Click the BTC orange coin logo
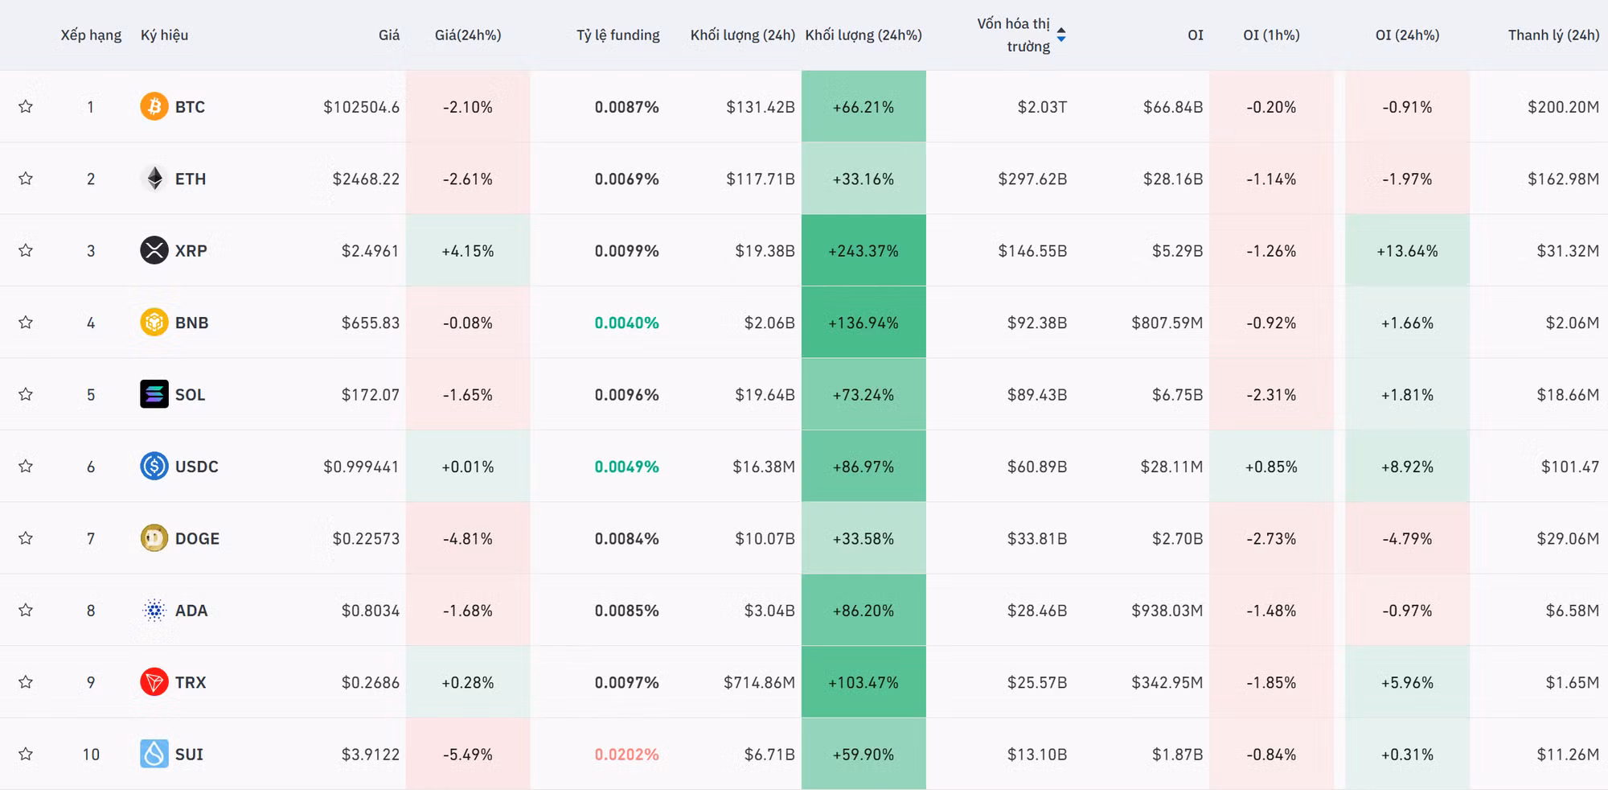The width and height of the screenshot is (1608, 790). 154,106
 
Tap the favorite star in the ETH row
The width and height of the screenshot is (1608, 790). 26,179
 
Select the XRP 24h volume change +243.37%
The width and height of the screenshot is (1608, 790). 863,251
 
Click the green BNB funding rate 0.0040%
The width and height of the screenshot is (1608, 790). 626,323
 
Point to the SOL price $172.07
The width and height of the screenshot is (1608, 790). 371,395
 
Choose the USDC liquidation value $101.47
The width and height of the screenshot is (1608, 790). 1570,467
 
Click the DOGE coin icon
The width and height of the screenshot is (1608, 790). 154,538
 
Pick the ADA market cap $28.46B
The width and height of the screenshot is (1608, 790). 1037,611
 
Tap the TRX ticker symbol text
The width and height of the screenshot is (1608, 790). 191,682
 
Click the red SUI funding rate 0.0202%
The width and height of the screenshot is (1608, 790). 626,755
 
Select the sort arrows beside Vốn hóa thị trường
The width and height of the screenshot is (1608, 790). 1061,35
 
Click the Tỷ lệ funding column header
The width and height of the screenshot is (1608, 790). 618,35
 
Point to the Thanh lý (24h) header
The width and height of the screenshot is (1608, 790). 1553,35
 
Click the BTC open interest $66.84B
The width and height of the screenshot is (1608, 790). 1173,107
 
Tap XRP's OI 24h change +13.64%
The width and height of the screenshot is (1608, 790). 1407,251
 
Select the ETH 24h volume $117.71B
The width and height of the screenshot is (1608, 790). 761,179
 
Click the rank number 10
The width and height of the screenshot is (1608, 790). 91,755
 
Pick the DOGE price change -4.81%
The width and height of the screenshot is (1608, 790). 468,539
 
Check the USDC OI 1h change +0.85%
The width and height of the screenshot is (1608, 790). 1271,467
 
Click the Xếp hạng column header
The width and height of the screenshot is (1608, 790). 91,35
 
